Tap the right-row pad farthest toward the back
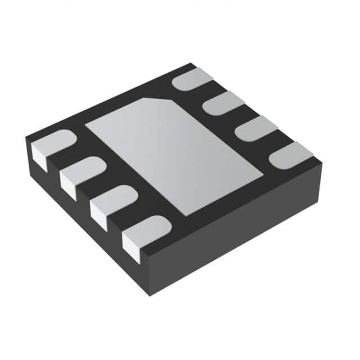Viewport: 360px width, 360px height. coord(192,79)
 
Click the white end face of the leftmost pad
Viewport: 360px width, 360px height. coord(38,154)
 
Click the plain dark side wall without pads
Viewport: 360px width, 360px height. coord(236,225)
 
